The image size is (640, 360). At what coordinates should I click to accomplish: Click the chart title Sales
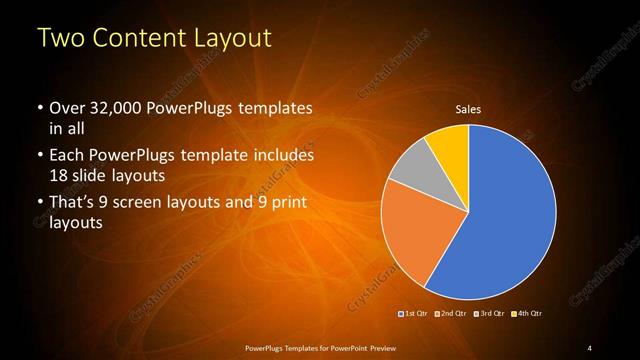(468, 109)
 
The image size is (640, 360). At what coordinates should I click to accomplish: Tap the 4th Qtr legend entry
(527, 314)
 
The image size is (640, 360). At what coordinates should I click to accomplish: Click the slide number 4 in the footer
(590, 346)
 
